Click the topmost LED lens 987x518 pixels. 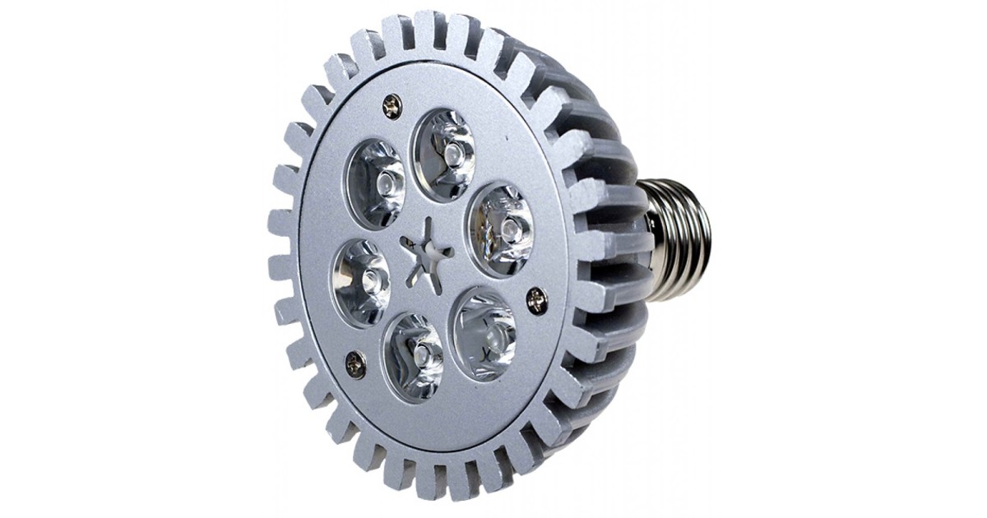(x=444, y=155)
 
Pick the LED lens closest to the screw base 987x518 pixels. (x=499, y=229)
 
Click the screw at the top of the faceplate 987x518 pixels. (x=392, y=104)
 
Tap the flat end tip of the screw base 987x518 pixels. (x=706, y=238)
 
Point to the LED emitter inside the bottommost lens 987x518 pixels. (x=419, y=356)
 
